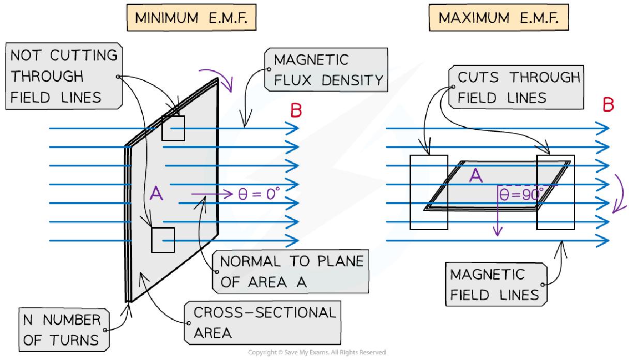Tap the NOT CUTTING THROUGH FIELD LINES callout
pos(64,77)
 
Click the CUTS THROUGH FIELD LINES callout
pos(518,87)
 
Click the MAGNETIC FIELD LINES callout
pos(495,284)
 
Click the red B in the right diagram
pos(608,105)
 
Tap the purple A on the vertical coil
pos(156,193)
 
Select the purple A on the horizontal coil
pos(475,176)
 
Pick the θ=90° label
pos(521,194)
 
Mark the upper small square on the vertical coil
pos(173,128)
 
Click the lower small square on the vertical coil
pos(163,240)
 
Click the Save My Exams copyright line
pos(316,352)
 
